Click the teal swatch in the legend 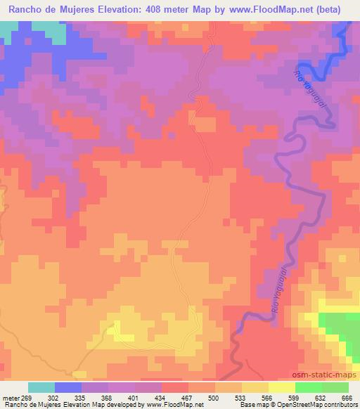click(x=41, y=387)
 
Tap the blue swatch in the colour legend click(x=68, y=387)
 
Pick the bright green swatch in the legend click(x=308, y=387)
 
